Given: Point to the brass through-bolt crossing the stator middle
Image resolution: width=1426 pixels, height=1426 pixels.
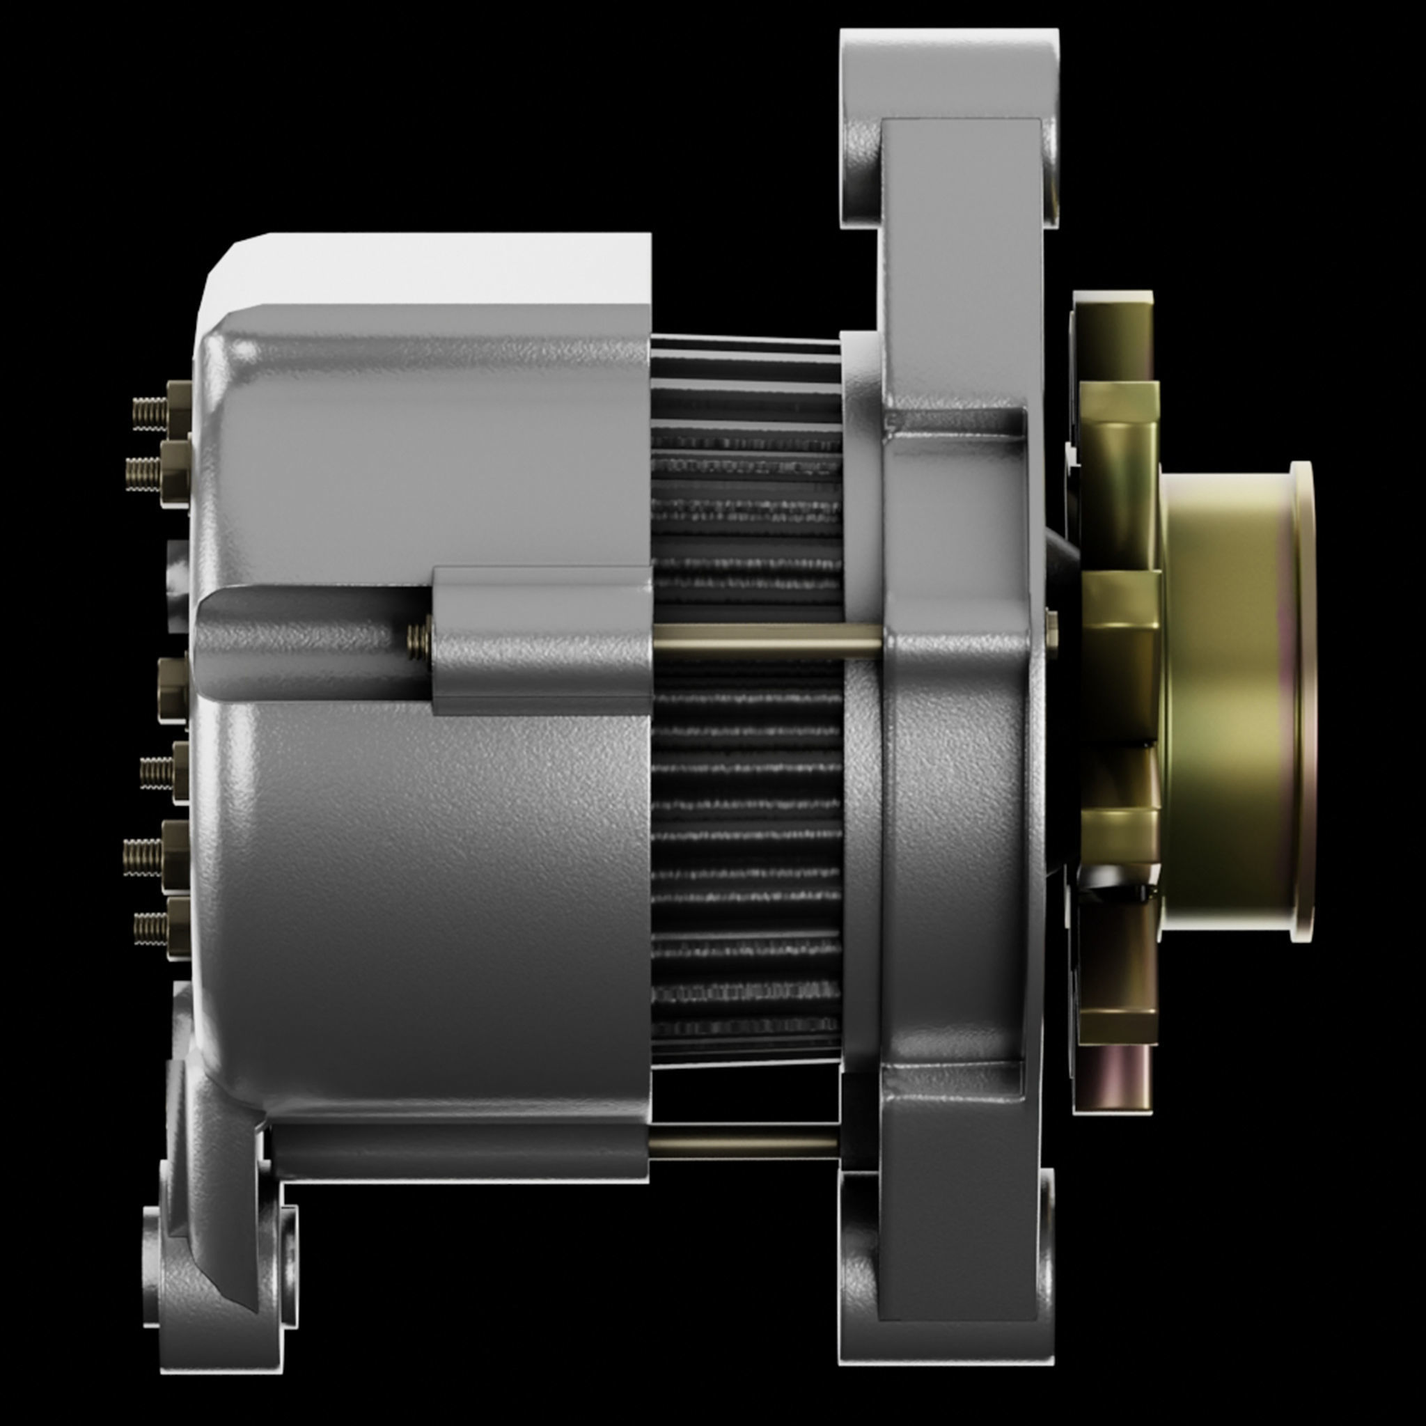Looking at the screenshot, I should pyautogui.click(x=767, y=641).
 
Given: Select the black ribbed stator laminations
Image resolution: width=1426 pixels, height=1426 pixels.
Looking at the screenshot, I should pyautogui.click(x=746, y=812).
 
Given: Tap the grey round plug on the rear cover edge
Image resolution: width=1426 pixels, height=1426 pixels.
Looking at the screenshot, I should pyautogui.click(x=177, y=583).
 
